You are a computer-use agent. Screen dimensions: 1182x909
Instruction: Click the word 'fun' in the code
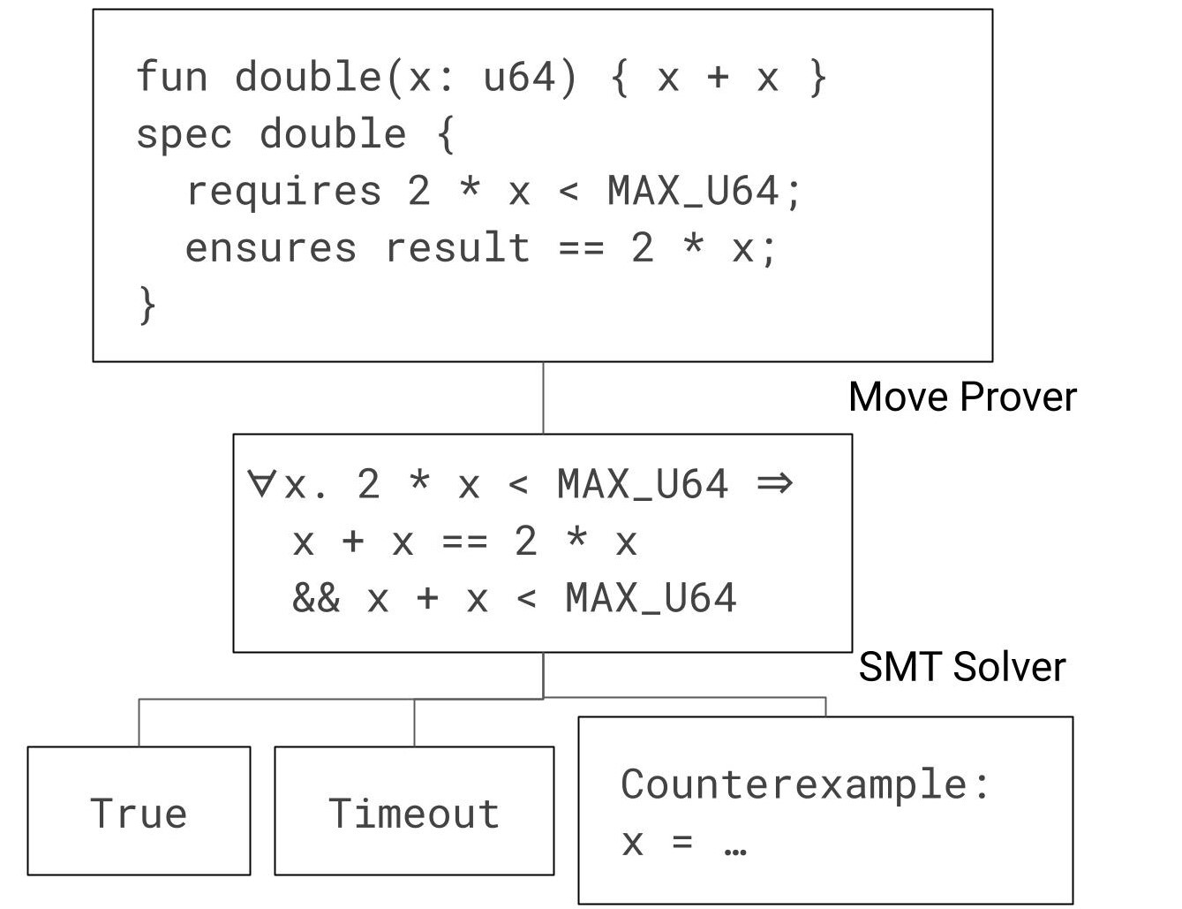tap(171, 76)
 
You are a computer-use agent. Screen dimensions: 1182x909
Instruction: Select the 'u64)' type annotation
tap(530, 78)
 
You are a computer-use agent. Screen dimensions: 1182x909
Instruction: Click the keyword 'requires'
tap(283, 193)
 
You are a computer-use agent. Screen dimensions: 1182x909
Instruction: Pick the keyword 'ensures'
tap(271, 248)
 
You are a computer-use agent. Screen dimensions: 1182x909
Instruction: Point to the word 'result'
tap(457, 247)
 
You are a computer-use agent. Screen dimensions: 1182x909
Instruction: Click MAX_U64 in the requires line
tap(693, 192)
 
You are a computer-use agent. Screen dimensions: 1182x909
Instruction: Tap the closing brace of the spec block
tap(148, 306)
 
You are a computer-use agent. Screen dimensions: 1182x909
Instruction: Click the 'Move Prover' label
tap(962, 397)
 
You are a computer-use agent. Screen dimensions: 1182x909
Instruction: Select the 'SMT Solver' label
tap(962, 667)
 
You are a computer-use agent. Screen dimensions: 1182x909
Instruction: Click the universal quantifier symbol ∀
tap(260, 483)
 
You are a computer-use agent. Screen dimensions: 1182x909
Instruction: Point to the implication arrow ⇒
tap(774, 483)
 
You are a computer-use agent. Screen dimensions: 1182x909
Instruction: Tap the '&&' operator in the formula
tap(316, 598)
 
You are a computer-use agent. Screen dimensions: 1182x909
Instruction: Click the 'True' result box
tap(139, 810)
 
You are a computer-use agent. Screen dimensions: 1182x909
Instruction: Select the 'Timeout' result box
tap(414, 810)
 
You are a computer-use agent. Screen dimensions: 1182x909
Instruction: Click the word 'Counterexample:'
tap(804, 785)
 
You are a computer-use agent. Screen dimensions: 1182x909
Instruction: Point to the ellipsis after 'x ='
tap(735, 851)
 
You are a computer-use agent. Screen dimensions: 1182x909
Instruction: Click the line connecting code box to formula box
tap(543, 398)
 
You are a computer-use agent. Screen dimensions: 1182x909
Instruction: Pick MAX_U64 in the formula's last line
tap(651, 597)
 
